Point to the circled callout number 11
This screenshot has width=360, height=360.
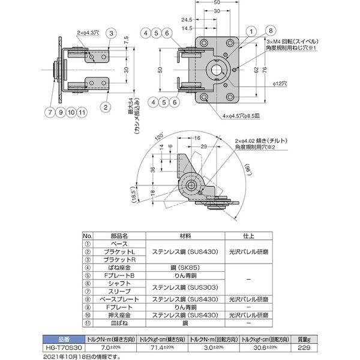[x=82, y=112]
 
